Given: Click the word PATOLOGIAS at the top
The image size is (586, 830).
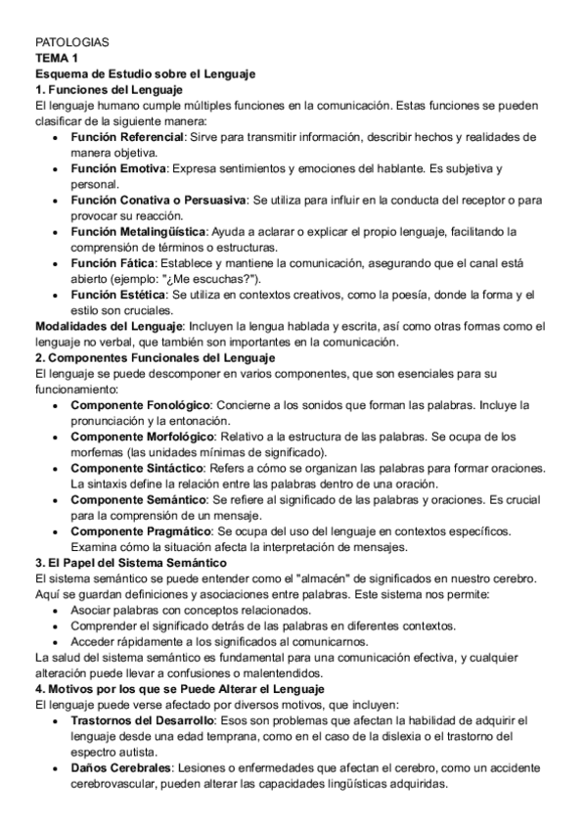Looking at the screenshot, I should click(x=71, y=44).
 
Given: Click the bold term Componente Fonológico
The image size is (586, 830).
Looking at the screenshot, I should click(x=139, y=404).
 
